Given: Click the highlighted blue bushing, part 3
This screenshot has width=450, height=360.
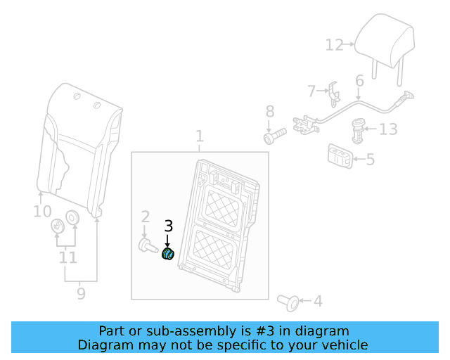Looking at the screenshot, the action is pyautogui.click(x=168, y=254).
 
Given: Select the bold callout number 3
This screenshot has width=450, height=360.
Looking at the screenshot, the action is pyautogui.click(x=169, y=226).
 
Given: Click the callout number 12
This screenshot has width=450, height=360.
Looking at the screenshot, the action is pyautogui.click(x=335, y=45).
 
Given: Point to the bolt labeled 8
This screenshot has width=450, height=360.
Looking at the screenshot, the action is pyautogui.click(x=275, y=136).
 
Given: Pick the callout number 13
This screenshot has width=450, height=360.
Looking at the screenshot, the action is pyautogui.click(x=388, y=129).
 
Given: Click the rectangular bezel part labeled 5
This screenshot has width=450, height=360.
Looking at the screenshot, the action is pyautogui.click(x=340, y=156).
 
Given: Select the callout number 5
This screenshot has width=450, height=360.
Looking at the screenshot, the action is pyautogui.click(x=371, y=160).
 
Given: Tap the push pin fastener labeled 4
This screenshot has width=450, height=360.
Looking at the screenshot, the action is pyautogui.click(x=288, y=302).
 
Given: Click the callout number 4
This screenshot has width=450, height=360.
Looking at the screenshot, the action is pyautogui.click(x=318, y=301).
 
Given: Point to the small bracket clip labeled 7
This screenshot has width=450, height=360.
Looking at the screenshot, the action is pyautogui.click(x=335, y=94).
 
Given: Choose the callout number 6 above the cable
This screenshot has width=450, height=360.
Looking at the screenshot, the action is pyautogui.click(x=359, y=81).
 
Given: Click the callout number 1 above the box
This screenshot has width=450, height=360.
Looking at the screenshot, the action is pyautogui.click(x=200, y=136).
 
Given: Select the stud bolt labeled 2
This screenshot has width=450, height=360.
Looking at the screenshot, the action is pyautogui.click(x=148, y=245).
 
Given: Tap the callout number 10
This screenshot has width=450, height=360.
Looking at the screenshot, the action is pyautogui.click(x=42, y=212).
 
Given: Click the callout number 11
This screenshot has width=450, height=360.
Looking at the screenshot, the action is pyautogui.click(x=67, y=257).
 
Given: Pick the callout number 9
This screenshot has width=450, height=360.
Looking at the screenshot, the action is pyautogui.click(x=82, y=294).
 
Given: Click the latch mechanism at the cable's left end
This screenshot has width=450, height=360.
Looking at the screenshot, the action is pyautogui.click(x=306, y=124).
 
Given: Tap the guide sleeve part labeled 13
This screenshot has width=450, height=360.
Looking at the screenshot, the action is pyautogui.click(x=358, y=131).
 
